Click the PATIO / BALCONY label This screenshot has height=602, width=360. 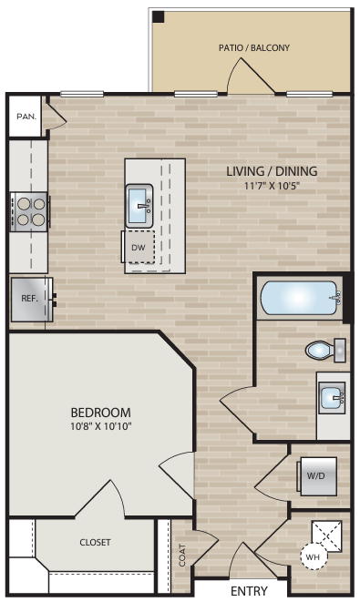pos(254,47)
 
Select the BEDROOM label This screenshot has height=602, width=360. pos(100,412)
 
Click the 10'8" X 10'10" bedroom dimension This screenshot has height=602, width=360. pos(100,426)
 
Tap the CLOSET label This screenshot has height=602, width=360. pos(95,542)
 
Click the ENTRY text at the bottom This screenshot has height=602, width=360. pos(249,591)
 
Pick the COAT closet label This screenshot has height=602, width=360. pos(182,556)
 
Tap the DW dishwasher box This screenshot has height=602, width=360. pos(139,247)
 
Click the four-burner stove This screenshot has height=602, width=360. pos(28,211)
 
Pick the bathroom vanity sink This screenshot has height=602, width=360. pos(333,398)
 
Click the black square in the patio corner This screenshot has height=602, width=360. pos(158,17)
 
